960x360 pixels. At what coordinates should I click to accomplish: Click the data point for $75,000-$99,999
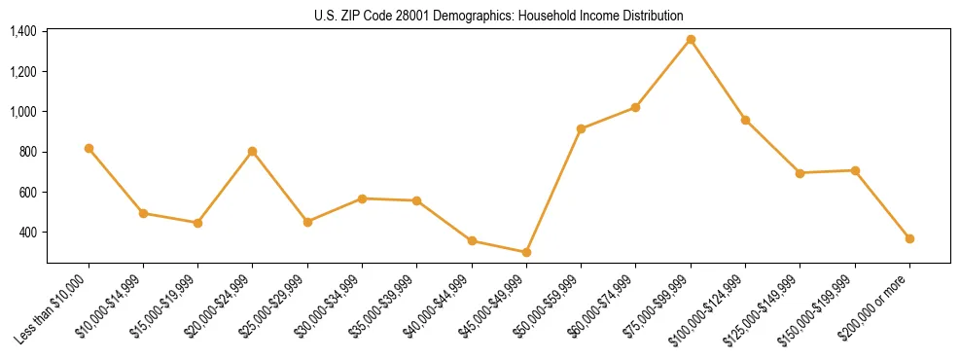point(691,40)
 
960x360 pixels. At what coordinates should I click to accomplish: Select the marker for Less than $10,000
point(89,148)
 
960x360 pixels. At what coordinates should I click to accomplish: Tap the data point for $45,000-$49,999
point(526,252)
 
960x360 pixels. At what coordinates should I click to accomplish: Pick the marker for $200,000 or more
point(909,238)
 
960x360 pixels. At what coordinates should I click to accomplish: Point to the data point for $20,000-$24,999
point(253,151)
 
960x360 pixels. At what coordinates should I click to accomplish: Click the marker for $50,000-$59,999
point(581,128)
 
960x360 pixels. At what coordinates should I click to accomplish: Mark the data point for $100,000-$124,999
point(745,120)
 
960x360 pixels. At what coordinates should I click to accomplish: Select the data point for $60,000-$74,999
point(635,107)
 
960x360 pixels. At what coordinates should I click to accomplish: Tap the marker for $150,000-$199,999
point(855,170)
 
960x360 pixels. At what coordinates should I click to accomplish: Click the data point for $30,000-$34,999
point(362,198)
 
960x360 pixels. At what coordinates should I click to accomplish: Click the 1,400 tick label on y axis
point(23,31)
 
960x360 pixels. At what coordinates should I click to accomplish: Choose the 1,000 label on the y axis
point(23,112)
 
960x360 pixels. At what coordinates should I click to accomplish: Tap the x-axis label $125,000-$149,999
point(764,307)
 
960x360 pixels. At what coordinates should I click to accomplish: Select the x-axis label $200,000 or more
point(878,301)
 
